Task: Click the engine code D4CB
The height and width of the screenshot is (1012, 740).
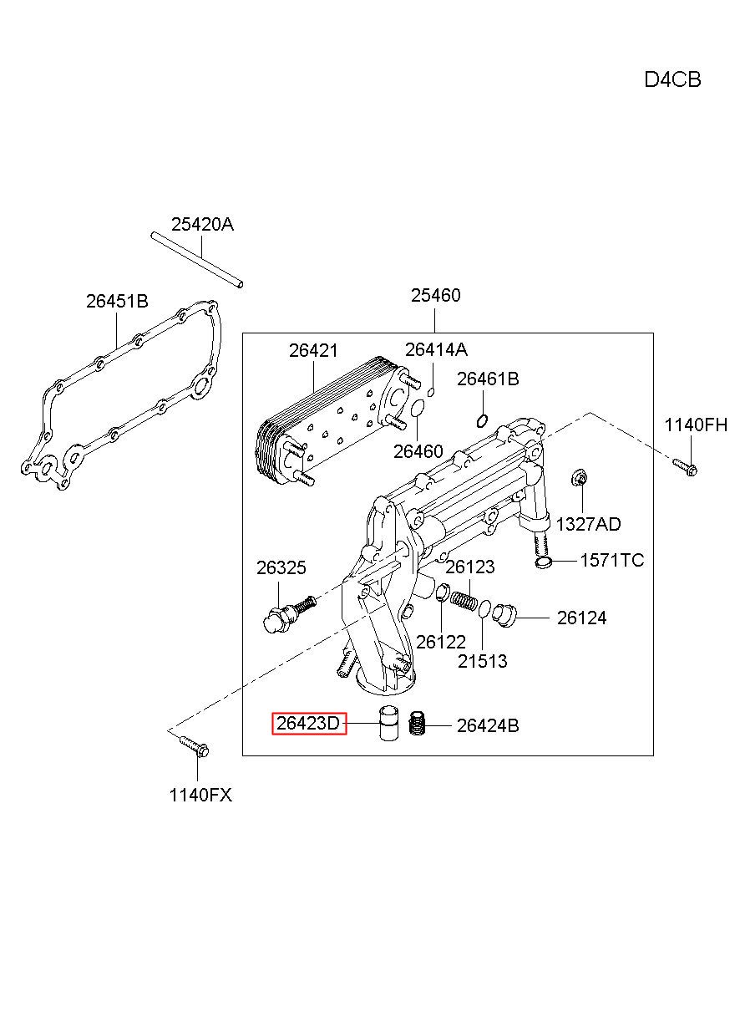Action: coord(672,80)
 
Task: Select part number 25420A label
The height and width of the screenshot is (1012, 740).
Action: coord(202,224)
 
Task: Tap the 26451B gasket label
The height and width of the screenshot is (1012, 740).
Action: coord(118,301)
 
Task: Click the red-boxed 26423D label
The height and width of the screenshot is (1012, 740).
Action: coord(309,724)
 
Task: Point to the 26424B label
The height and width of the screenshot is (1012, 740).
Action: coord(488,725)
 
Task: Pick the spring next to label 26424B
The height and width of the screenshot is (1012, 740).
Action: coord(417,723)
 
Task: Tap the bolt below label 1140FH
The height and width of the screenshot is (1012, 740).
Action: coord(685,467)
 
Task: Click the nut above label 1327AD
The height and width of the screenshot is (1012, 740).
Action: coord(580,477)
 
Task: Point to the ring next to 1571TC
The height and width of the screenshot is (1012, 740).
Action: coord(543,562)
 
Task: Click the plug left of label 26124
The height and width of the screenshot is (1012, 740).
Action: coord(504,616)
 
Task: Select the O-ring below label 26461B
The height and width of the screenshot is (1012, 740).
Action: coord(482,421)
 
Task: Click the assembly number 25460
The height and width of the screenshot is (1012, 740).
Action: coord(436,296)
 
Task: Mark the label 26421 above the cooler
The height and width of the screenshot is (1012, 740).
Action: coord(313,350)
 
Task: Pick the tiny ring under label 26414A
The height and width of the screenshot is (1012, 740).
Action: coord(431,391)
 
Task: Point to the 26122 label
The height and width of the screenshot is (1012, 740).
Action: coord(441,642)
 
